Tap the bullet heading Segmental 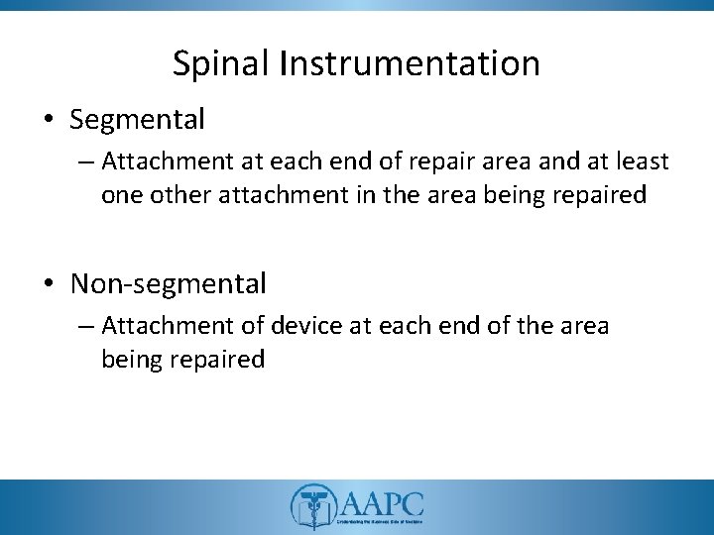(x=137, y=120)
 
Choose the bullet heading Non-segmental (x=169, y=284)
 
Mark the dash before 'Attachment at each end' (x=87, y=161)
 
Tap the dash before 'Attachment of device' (x=87, y=326)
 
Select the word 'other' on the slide (x=174, y=195)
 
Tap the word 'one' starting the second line (x=120, y=195)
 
